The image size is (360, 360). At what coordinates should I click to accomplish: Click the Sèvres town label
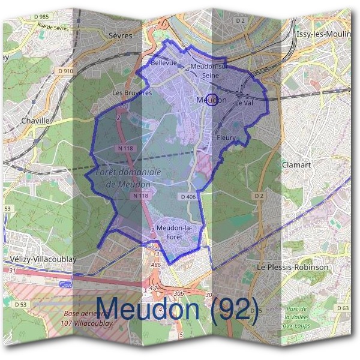click(x=121, y=35)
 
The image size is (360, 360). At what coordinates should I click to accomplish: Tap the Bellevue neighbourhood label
click(x=164, y=62)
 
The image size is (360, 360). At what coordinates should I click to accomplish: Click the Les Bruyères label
click(x=132, y=93)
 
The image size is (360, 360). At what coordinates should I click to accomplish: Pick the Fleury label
click(x=226, y=137)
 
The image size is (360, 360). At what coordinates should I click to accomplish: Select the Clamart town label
click(x=295, y=163)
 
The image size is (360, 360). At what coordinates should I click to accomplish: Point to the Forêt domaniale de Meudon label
click(x=128, y=178)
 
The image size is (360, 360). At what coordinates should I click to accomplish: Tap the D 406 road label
click(x=188, y=196)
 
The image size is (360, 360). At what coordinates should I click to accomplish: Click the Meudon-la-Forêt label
click(x=173, y=232)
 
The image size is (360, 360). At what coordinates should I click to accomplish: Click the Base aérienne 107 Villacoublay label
click(x=87, y=319)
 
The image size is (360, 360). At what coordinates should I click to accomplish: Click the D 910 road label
click(x=65, y=71)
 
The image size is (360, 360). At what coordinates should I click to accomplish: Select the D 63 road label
click(x=343, y=308)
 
